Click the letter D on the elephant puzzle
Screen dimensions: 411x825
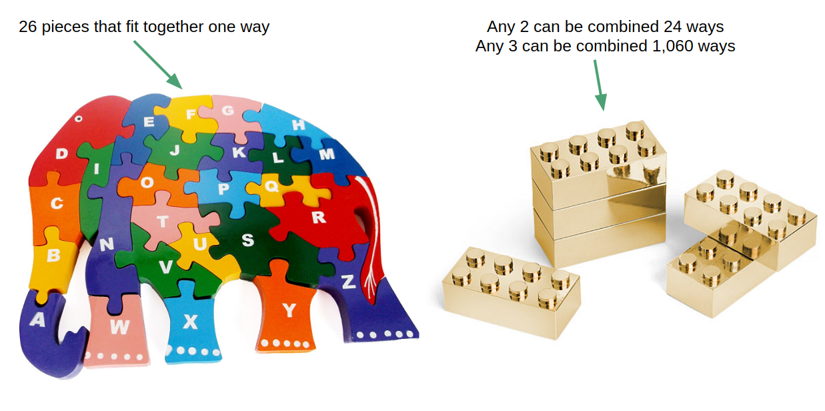(61, 154)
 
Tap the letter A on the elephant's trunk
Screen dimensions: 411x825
(38, 320)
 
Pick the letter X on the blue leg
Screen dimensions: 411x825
(191, 322)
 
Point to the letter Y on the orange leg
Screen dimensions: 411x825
(289, 310)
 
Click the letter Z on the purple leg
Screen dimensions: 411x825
(347, 282)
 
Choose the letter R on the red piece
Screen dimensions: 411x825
(318, 217)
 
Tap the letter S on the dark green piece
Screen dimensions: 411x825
(247, 240)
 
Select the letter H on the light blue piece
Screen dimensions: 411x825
(298, 125)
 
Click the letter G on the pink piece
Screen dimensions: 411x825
(227, 110)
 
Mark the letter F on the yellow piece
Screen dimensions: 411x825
(191, 114)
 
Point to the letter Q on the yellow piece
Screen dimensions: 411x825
(271, 185)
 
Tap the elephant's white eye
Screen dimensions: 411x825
(79, 119)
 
